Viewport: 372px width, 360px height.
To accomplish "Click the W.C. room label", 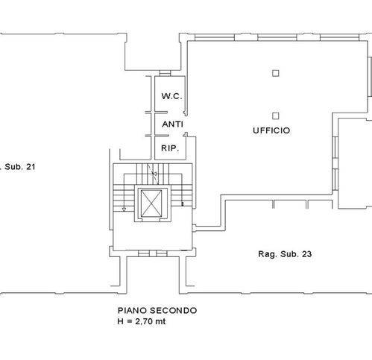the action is coord(171,96).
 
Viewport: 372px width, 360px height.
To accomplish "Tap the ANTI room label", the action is coord(173,124).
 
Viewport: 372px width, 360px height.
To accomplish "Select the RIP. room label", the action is coord(170,148).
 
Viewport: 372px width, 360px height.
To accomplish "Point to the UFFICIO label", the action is coord(271,130).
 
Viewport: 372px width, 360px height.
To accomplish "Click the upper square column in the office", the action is coord(275,73).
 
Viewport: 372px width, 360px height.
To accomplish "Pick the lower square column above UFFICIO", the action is coord(275,116).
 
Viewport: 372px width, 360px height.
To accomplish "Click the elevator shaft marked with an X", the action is coord(151,203).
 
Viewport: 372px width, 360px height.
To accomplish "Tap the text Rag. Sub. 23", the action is coord(285,254).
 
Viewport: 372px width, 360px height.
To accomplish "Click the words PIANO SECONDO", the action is coord(157,310).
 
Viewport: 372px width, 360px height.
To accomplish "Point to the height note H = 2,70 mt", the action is coord(142,321).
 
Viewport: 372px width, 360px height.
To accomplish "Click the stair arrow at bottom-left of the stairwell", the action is coord(124,209).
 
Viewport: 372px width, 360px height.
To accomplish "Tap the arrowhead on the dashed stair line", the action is coord(154,174).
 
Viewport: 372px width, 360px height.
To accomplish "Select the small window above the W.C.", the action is coord(165,73).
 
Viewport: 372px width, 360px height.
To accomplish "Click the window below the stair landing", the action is coord(152,253).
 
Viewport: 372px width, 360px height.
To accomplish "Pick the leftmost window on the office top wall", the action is coord(215,37).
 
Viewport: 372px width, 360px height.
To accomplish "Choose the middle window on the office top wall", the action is coord(277,37).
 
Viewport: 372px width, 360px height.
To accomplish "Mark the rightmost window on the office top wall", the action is coord(340,37).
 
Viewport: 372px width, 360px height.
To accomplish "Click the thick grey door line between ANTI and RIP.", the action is coord(157,136).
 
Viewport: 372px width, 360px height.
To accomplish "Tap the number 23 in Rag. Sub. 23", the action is coord(307,254).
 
